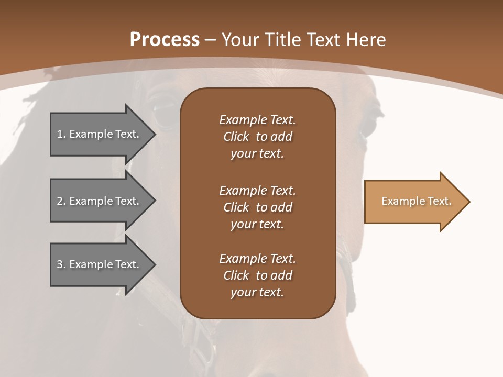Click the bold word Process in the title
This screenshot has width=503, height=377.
pos(165,39)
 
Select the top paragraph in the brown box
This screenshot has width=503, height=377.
pos(257,137)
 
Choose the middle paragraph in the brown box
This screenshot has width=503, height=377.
pos(257,207)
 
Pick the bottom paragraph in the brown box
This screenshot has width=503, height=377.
pos(257,275)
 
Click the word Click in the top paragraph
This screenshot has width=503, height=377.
pos(236,137)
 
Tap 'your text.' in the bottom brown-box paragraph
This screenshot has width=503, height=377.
pos(257,293)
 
